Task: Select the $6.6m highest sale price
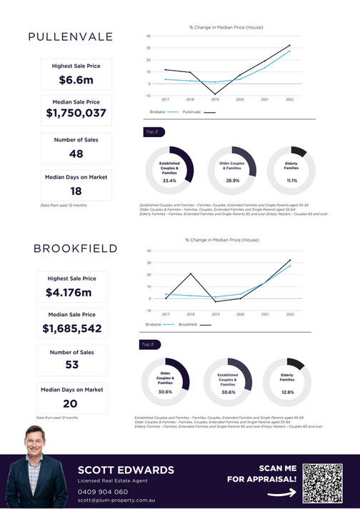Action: [x=76, y=81]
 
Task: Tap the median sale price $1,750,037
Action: [x=76, y=114]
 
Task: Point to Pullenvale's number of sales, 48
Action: [x=76, y=153]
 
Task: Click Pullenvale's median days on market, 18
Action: [x=76, y=191]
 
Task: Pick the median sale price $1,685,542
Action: [x=71, y=329]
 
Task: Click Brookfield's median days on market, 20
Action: [x=71, y=403]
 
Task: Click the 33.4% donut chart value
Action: [x=169, y=181]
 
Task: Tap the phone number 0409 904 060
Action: [x=103, y=492]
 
